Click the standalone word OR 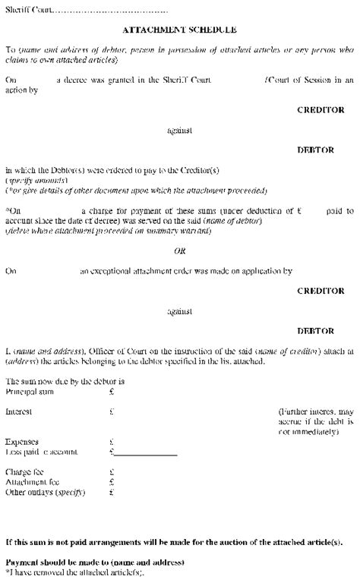[180, 251]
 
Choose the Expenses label [21, 441]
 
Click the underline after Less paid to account [146, 455]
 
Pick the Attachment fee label [29, 481]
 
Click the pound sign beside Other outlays [112, 491]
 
